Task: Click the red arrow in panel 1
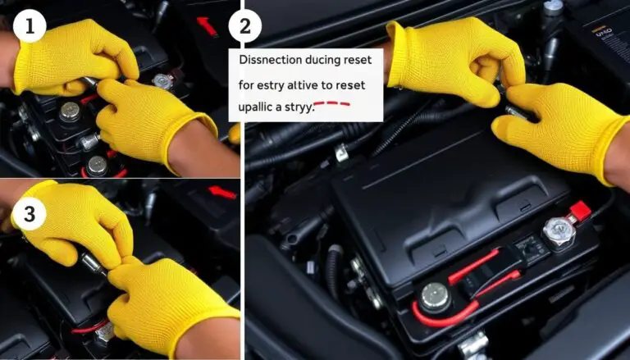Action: tap(207, 27)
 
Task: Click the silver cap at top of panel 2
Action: tap(554, 7)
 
